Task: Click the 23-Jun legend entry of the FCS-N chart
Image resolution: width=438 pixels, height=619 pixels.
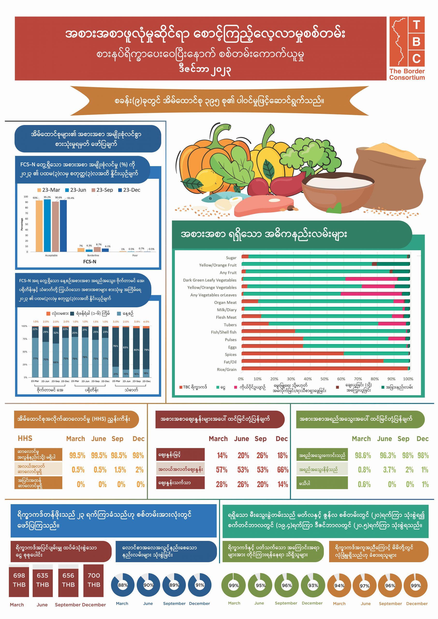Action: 76,190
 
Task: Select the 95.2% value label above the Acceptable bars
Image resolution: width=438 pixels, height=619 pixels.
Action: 47,197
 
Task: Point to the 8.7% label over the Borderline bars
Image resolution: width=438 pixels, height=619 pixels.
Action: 99,244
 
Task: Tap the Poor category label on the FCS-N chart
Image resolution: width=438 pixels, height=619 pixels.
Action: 135,255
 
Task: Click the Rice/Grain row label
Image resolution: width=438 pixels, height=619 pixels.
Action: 227,370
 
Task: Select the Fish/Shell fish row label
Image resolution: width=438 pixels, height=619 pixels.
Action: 223,332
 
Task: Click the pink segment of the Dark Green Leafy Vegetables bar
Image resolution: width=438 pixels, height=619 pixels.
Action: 371,279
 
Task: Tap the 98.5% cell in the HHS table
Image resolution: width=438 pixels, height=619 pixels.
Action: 119,456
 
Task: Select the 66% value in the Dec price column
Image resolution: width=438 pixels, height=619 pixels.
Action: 283,470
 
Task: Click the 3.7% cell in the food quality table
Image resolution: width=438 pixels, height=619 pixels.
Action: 389,470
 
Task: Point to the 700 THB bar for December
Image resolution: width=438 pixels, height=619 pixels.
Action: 94,580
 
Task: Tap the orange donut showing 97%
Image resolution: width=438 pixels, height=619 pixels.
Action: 364,585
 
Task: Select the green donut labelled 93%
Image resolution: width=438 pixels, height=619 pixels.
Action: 313,585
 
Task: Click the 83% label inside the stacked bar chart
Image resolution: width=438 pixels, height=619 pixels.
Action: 126,347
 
